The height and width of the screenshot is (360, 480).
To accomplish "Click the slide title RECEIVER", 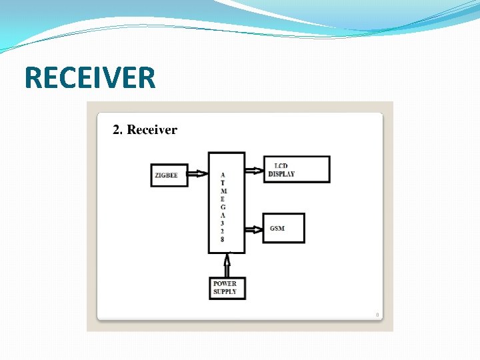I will pyautogui.click(x=90, y=77).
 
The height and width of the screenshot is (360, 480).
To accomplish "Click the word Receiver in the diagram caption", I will pyautogui.click(x=152, y=130).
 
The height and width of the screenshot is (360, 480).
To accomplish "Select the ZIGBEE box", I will pyautogui.click(x=169, y=175).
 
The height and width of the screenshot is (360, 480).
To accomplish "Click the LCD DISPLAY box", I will pyautogui.click(x=297, y=169).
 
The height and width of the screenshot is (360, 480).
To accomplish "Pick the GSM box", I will pyautogui.click(x=283, y=228).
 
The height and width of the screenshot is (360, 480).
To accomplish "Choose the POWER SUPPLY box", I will pyautogui.click(x=227, y=288).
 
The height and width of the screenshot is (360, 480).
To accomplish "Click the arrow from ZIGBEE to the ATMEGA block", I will pyautogui.click(x=198, y=175).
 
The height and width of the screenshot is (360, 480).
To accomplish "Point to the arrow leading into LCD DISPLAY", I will pyautogui.click(x=254, y=170).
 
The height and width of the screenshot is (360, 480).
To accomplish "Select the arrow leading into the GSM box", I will pyautogui.click(x=253, y=229).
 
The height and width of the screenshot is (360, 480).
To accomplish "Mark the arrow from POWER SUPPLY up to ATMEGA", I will pyautogui.click(x=228, y=265).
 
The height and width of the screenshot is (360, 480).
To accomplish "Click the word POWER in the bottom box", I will pyautogui.click(x=225, y=284).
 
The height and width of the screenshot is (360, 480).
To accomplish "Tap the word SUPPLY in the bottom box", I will pyautogui.click(x=225, y=292).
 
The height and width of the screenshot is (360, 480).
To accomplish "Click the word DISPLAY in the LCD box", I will pyautogui.click(x=281, y=174).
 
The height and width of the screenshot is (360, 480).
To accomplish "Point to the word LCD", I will pyautogui.click(x=281, y=165).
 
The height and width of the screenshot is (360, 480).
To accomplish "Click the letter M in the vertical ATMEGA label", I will pyautogui.click(x=223, y=191).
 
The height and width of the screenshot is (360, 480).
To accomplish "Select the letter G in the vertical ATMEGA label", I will pyautogui.click(x=223, y=207).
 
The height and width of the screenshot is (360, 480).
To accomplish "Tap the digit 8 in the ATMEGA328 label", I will pyautogui.click(x=223, y=239).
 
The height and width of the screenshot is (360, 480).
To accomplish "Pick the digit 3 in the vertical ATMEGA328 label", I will pyautogui.click(x=223, y=223).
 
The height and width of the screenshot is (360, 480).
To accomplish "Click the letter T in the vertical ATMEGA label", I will pyautogui.click(x=223, y=183).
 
